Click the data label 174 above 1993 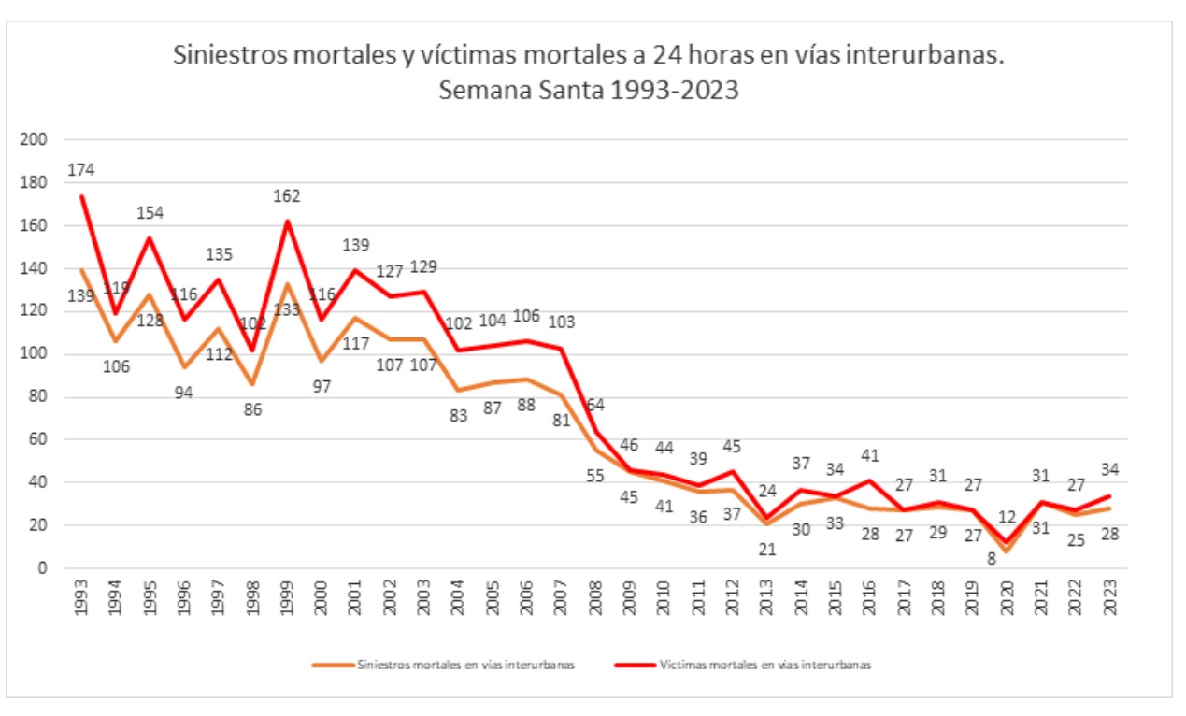[81, 170]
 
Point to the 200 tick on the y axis [34, 140]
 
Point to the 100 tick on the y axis [34, 354]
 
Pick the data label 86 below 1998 [251, 408]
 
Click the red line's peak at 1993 [82, 196]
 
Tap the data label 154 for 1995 [150, 212]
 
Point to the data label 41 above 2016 [870, 457]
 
